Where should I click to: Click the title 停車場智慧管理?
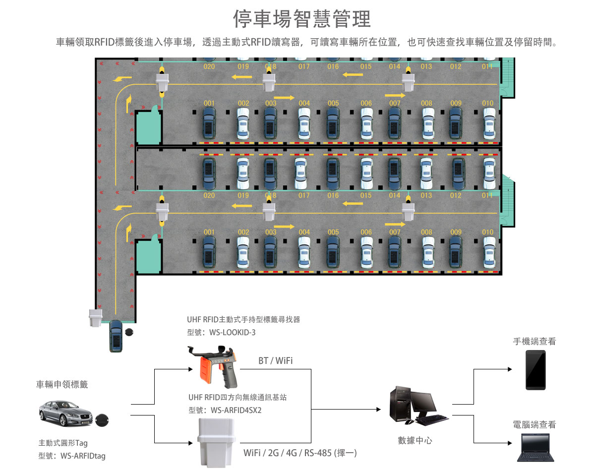[x=302, y=19]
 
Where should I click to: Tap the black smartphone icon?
[x=535, y=370]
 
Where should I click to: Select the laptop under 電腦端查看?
[x=535, y=447]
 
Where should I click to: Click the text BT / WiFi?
[x=275, y=361]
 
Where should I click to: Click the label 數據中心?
[x=415, y=440]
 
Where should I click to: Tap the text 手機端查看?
[x=535, y=342]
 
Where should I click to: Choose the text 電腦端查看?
[x=535, y=424]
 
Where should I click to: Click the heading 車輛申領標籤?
[x=62, y=384]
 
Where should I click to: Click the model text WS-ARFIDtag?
[x=83, y=456]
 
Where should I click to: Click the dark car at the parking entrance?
[x=116, y=335]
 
